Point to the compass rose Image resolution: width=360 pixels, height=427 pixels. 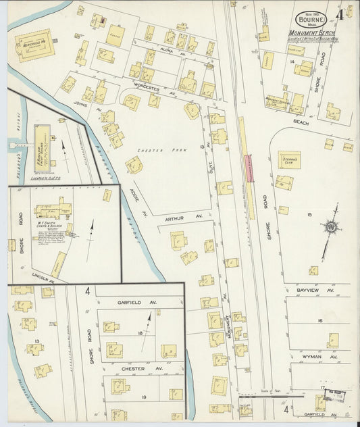[x=330, y=229]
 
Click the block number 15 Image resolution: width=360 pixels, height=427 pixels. [x=310, y=216]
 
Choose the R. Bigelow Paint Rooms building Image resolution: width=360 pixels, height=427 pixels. [x=45, y=140]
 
